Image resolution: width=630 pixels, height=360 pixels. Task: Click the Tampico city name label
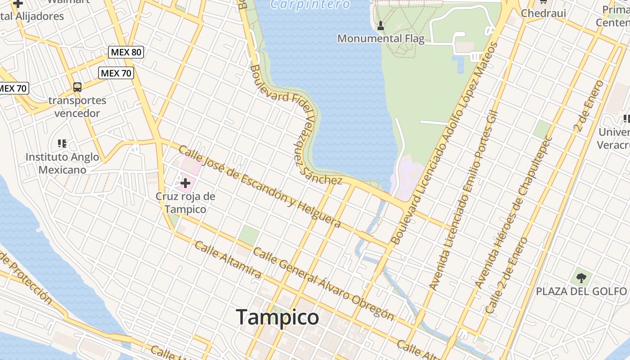click(277, 317)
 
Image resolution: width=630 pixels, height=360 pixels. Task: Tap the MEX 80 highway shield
click(126, 52)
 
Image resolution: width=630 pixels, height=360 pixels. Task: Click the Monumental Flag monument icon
click(381, 25)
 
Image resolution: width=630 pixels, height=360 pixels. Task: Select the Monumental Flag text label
click(381, 39)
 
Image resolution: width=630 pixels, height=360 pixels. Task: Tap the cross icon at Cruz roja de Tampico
click(185, 183)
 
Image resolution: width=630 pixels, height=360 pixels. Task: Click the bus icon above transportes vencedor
click(77, 87)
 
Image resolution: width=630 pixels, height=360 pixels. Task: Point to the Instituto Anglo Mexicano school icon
click(62, 144)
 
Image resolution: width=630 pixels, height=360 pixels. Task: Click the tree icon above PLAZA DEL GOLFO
click(581, 277)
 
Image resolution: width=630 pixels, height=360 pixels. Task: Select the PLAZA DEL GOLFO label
click(581, 292)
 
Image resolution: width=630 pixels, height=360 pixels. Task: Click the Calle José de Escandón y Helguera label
click(260, 186)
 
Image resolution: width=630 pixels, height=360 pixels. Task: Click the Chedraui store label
click(543, 13)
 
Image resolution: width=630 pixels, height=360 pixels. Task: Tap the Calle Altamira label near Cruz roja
click(228, 260)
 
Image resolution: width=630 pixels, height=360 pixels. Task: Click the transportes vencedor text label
click(77, 107)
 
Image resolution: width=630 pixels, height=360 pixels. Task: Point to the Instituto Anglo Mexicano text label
click(62, 163)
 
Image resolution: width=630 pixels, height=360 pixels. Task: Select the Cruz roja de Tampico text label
click(185, 203)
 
